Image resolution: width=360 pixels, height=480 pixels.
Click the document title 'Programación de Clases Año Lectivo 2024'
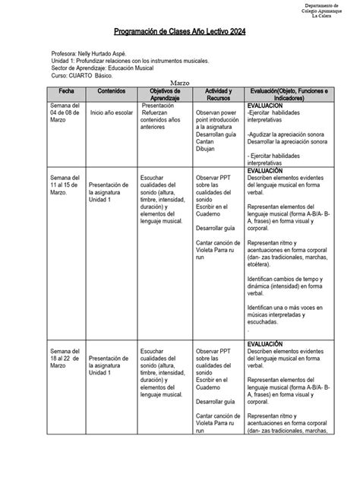179,33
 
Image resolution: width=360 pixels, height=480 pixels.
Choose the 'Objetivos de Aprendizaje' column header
164,96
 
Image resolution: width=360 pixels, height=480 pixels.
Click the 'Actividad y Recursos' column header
218,96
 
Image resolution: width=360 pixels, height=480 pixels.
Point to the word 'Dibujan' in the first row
207,149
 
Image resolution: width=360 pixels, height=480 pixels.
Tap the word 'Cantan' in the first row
206,141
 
